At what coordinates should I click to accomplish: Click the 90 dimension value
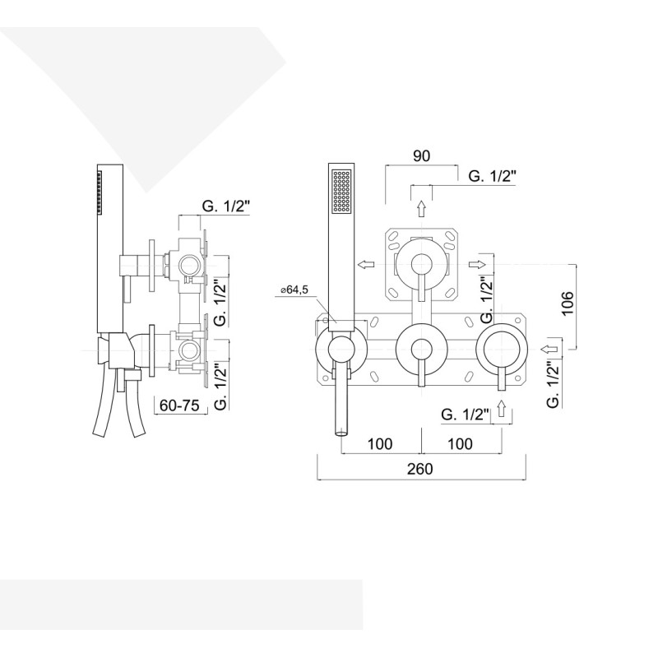[x=421, y=155]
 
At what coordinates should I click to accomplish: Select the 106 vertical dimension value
[x=567, y=304]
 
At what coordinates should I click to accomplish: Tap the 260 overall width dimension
[x=420, y=468]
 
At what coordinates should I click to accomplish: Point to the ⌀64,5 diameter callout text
[x=294, y=290]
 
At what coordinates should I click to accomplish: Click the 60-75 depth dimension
[x=179, y=405]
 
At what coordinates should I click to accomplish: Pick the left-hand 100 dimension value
[x=380, y=443]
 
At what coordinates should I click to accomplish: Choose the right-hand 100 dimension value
[x=461, y=443]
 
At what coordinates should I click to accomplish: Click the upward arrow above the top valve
[x=421, y=209]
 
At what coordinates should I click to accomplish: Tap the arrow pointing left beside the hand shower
[x=366, y=264]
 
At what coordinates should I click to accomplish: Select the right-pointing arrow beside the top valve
[x=477, y=264]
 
